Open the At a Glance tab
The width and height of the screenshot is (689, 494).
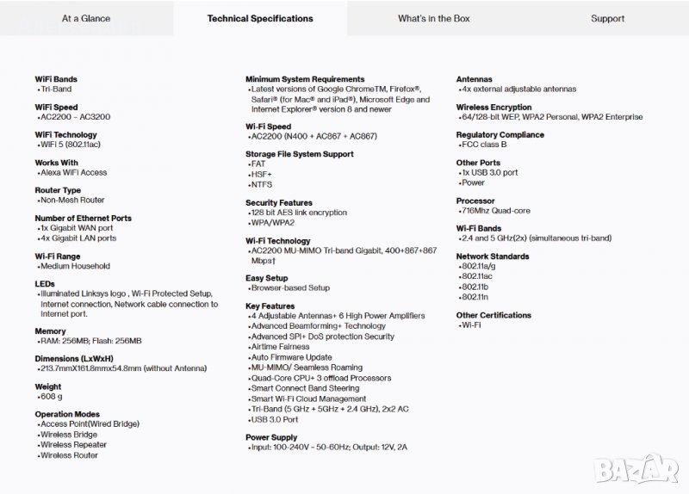(x=86, y=18)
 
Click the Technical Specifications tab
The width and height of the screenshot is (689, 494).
(x=260, y=18)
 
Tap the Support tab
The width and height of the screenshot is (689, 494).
(x=607, y=18)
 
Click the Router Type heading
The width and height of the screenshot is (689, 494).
(x=58, y=190)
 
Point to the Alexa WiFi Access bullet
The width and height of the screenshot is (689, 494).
(x=74, y=172)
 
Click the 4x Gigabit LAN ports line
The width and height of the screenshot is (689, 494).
(x=78, y=238)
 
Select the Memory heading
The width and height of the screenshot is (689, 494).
(x=50, y=331)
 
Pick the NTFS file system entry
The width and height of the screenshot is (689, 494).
(x=261, y=184)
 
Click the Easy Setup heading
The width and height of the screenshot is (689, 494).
(x=267, y=278)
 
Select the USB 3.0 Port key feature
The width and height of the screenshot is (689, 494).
(x=275, y=419)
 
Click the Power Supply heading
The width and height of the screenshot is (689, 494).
(x=271, y=437)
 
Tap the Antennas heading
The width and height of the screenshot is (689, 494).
(x=475, y=79)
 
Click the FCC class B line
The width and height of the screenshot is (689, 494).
(x=485, y=145)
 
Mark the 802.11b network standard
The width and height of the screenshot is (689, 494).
(x=475, y=287)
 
